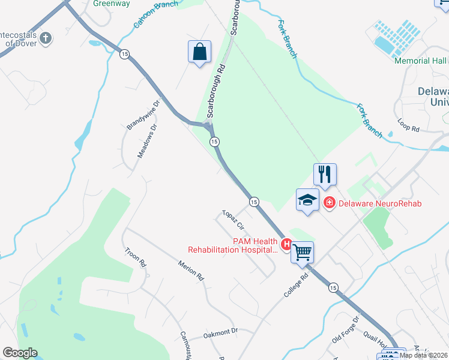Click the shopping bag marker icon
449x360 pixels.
(199, 52)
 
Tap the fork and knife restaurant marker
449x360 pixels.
(325, 174)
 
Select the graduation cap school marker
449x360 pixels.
(307, 200)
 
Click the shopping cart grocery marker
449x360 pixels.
(302, 252)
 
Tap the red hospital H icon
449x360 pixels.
(287, 244)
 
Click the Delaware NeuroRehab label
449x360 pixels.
(380, 203)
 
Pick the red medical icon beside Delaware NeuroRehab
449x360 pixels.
(329, 203)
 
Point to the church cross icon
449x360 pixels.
(46, 38)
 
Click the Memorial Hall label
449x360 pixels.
(420, 61)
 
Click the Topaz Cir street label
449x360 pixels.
(234, 220)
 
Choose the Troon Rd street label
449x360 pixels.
(136, 257)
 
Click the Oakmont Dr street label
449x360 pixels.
(221, 331)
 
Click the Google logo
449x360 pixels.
(20, 353)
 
